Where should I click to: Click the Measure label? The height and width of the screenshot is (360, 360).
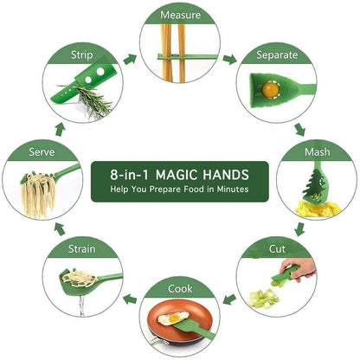click(x=179, y=15)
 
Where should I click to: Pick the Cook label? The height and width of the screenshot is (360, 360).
click(x=179, y=288)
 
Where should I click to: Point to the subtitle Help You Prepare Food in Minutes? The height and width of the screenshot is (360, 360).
click(x=179, y=189)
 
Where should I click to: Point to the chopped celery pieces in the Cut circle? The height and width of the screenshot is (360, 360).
click(x=261, y=298)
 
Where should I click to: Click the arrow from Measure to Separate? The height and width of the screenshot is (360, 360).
click(x=229, y=60)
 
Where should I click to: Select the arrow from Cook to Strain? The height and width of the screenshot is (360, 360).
click(x=130, y=299)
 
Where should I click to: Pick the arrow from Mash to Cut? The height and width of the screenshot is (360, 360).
click(x=299, y=228)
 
